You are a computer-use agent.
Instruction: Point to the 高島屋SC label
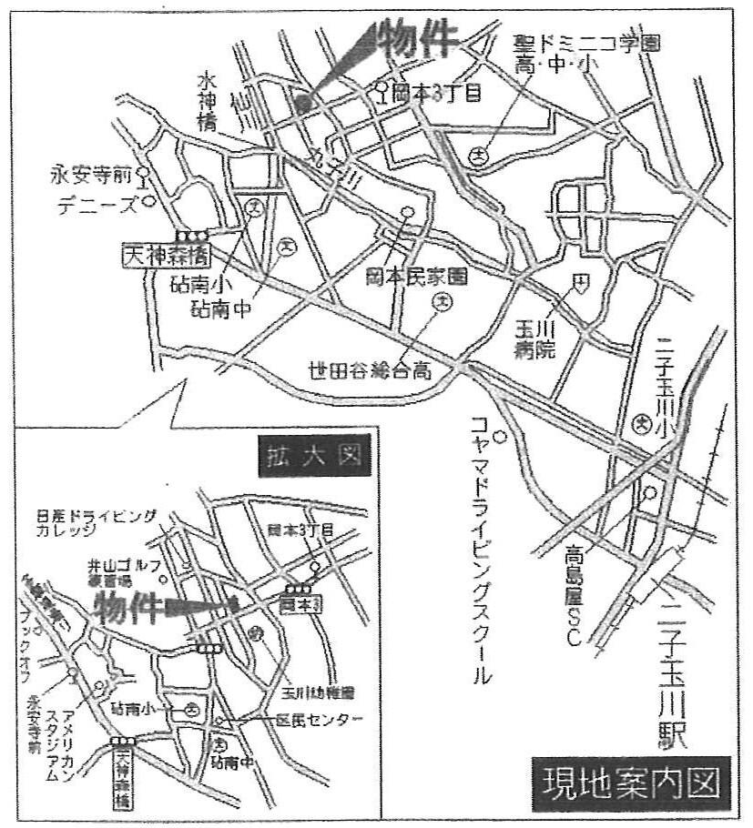tap(573, 595)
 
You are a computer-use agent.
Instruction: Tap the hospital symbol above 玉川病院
tap(578, 282)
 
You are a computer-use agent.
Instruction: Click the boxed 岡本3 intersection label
tap(300, 602)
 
